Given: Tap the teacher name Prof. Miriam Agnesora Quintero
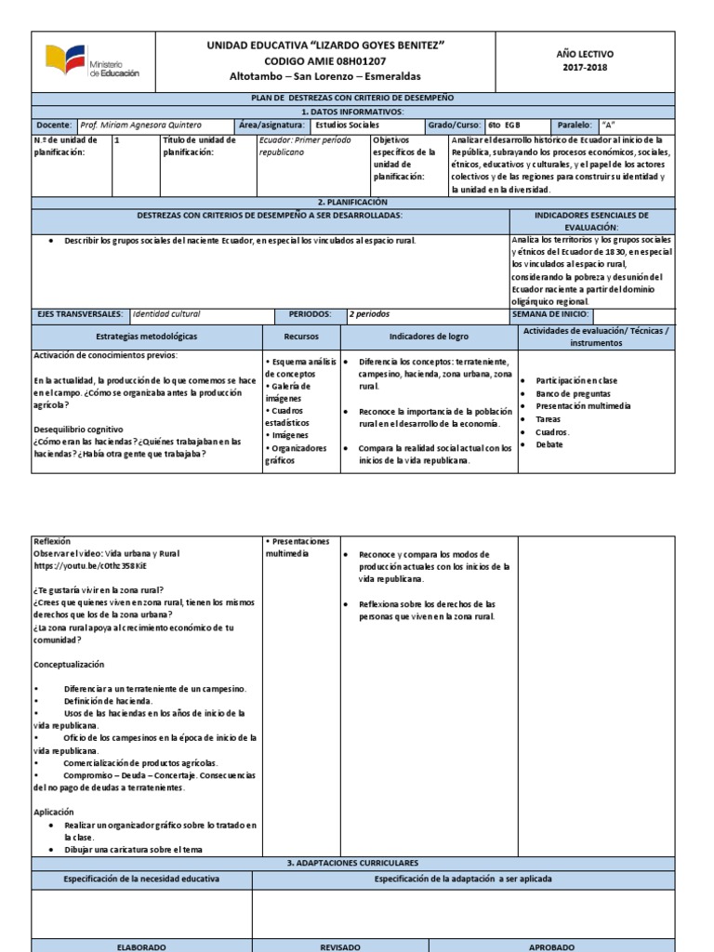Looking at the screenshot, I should [x=140, y=125].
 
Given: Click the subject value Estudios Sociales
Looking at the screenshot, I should [x=347, y=125].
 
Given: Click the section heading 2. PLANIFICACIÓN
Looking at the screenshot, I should [x=351, y=202].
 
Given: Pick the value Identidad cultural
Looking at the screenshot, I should [x=165, y=314].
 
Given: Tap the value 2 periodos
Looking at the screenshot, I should [x=370, y=314].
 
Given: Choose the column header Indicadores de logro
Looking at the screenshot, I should [x=429, y=337].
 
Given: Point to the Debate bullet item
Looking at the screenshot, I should [x=549, y=444].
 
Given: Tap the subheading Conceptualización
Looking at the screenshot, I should [x=69, y=665].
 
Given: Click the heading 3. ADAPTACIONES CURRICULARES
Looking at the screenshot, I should [x=351, y=864].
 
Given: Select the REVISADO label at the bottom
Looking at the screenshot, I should [x=339, y=946].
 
